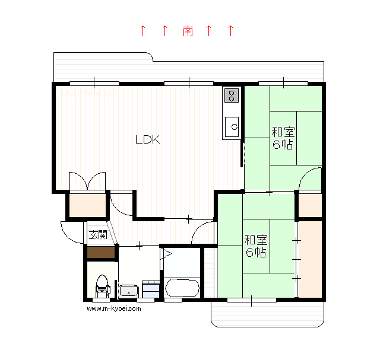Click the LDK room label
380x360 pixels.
(148, 139)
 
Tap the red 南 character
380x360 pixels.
(188, 31)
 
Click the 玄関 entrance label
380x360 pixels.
(98, 235)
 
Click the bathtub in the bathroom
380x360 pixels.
(182, 288)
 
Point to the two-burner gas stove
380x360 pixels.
(232, 95)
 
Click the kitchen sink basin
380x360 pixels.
(232, 127)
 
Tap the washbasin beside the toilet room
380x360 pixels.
(129, 291)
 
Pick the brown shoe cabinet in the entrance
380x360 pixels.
(101, 252)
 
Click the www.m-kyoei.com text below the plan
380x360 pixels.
(114, 308)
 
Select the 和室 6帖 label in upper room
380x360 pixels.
(283, 138)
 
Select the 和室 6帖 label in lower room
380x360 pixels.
(256, 246)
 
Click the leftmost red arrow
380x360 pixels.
(143, 31)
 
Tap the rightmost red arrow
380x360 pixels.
(231, 31)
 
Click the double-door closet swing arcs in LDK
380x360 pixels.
(87, 181)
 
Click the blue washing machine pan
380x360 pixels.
(151, 289)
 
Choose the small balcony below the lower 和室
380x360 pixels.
(268, 314)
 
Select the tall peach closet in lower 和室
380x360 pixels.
(310, 259)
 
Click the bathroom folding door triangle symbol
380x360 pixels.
(166, 254)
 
